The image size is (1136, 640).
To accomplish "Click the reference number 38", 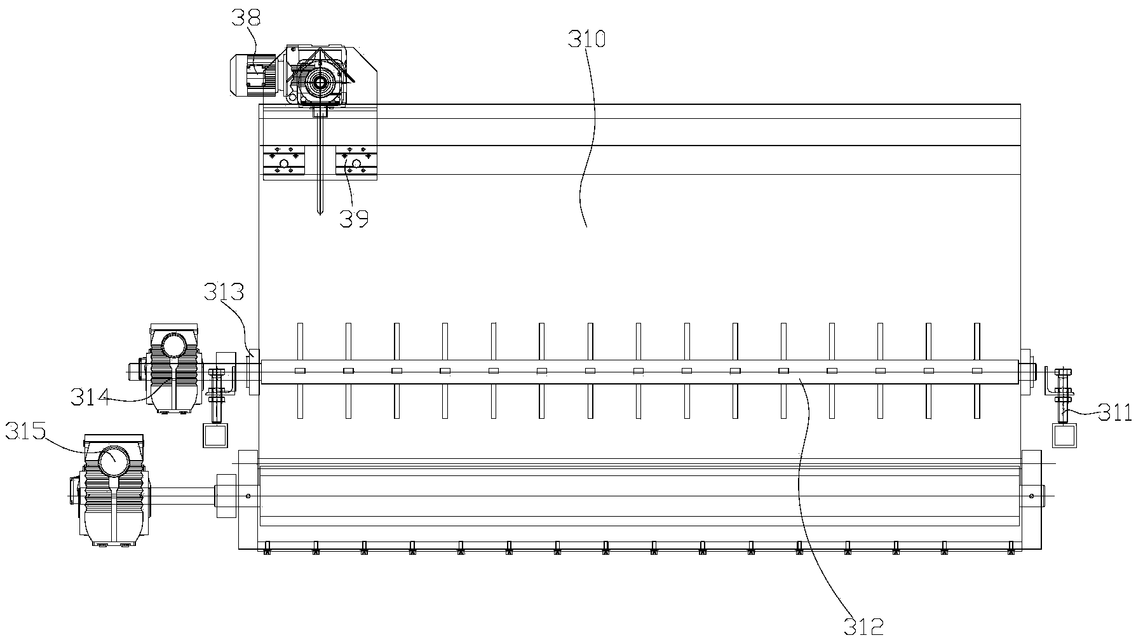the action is click(246, 18).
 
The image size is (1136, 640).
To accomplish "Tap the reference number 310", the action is click(586, 39).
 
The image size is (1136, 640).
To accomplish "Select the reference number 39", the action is click(353, 219).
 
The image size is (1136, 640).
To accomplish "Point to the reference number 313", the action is click(224, 292).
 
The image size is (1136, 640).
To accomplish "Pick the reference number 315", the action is click(25, 432).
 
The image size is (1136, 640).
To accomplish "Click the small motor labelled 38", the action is click(252, 74).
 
